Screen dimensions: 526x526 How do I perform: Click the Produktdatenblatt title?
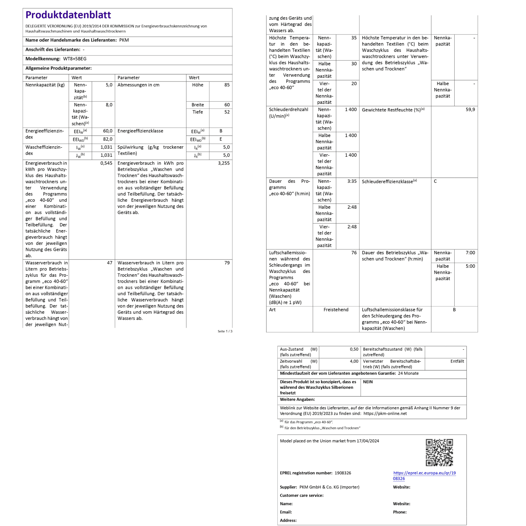pyautogui.click(x=68, y=15)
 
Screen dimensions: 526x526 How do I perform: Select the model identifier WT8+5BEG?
pyautogui.click(x=75, y=59)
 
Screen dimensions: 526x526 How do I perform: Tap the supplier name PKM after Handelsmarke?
pyautogui.click(x=124, y=40)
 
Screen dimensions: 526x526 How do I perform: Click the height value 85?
pyautogui.click(x=227, y=85)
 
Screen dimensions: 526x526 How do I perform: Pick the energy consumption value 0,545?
pyautogui.click(x=106, y=163)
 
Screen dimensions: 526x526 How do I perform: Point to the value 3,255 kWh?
pyautogui.click(x=224, y=163)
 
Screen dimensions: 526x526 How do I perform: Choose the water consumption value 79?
pyautogui.click(x=227, y=263)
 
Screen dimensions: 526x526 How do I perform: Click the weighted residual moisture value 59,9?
pyautogui.click(x=470, y=109)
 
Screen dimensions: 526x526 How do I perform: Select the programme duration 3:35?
pyautogui.click(x=352, y=181)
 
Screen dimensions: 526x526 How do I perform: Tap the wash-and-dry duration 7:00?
pyautogui.click(x=470, y=253)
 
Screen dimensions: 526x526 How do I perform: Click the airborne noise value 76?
pyautogui.click(x=354, y=253)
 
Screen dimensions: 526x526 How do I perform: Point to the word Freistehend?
pyautogui.click(x=336, y=310)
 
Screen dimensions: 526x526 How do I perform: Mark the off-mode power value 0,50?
pyautogui.click(x=354, y=349)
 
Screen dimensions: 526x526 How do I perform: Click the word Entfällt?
pyautogui.click(x=457, y=361)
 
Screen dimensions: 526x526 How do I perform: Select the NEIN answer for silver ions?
pyautogui.click(x=368, y=382)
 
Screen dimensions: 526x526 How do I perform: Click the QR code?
pyautogui.click(x=439, y=452)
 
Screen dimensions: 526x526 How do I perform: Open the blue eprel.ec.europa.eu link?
pyautogui.click(x=424, y=473)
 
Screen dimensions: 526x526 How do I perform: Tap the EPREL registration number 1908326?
pyautogui.click(x=343, y=473)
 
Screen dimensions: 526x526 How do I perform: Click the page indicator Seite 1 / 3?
pyautogui.click(x=225, y=331)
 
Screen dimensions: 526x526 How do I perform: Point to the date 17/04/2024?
pyautogui.click(x=368, y=441)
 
